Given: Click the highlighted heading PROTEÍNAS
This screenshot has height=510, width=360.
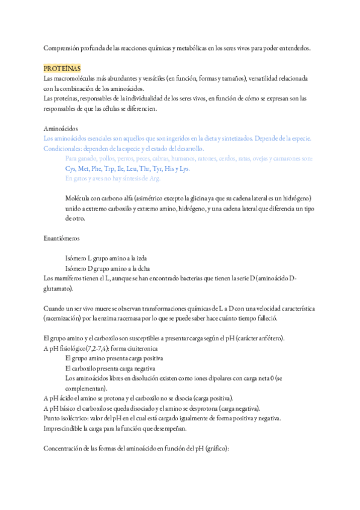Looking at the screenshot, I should (x=63, y=69).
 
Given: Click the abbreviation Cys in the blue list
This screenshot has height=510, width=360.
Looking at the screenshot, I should (x=71, y=169).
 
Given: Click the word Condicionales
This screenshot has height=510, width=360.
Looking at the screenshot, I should (x=63, y=149).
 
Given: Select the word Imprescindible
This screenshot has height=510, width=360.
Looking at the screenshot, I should (x=65, y=428).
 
